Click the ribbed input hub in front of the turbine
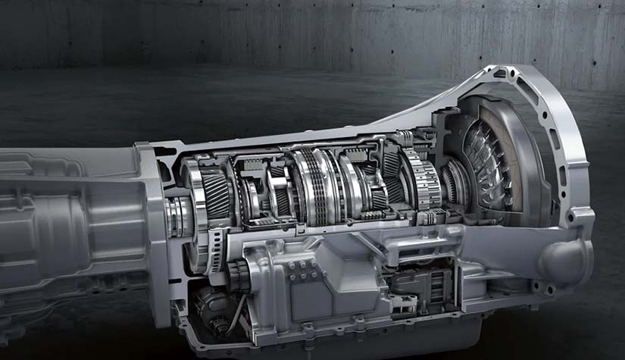(x=455, y=186)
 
